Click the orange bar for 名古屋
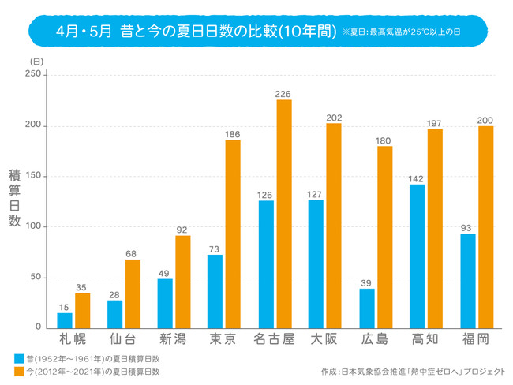(x=284, y=214)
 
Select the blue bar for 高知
(x=417, y=256)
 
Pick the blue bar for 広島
(x=366, y=308)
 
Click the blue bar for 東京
(x=215, y=290)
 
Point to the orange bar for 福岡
(x=485, y=226)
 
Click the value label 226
(x=284, y=94)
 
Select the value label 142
(x=417, y=178)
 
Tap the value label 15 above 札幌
(x=65, y=307)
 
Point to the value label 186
(x=233, y=134)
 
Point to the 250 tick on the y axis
(x=32, y=74)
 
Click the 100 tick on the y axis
(x=32, y=226)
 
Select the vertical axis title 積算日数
(x=14, y=197)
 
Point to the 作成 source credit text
(x=410, y=371)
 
